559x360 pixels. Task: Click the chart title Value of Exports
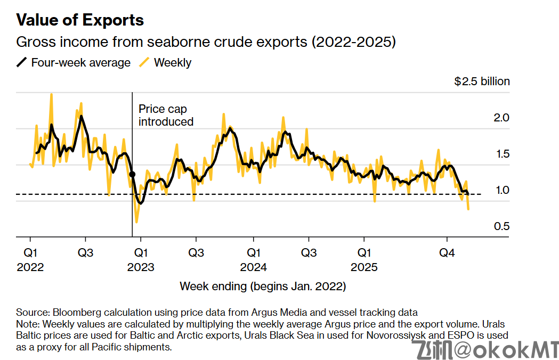coord(80,20)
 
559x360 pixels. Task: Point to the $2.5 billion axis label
coord(482,81)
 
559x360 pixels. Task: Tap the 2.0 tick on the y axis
coord(502,118)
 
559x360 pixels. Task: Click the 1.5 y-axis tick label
coord(502,154)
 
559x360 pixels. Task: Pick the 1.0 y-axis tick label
coord(502,190)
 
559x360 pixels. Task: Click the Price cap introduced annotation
coord(165,115)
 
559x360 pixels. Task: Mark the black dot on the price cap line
coord(132,174)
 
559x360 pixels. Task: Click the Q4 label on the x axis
coord(447,252)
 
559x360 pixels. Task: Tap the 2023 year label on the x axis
coord(141,267)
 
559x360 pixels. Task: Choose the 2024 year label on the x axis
coord(253,267)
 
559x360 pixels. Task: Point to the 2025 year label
coord(364,267)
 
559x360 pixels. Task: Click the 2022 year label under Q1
coord(30,267)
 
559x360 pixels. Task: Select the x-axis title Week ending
coord(263,287)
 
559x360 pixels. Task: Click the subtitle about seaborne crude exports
coord(206,42)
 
